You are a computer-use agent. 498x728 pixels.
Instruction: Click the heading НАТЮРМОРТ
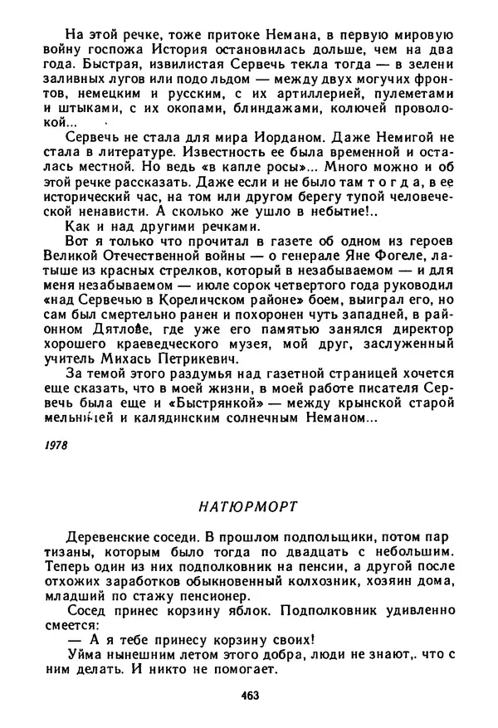(248, 504)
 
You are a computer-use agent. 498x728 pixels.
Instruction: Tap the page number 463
(248, 694)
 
